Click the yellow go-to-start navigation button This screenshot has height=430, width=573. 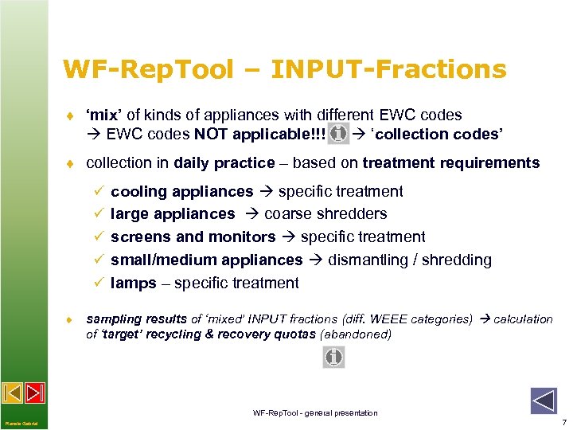[x=13, y=393]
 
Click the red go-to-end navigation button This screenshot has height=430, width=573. [x=35, y=393]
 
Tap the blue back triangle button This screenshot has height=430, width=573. [x=544, y=401]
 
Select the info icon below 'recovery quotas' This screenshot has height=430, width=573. [x=333, y=358]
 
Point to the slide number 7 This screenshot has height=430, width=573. [x=563, y=422]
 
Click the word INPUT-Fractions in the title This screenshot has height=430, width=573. [x=388, y=70]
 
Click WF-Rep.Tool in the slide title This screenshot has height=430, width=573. [x=149, y=70]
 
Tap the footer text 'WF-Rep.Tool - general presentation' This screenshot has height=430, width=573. [x=315, y=412]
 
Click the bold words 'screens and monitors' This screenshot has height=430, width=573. [x=193, y=236]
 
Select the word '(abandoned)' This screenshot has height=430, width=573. [x=356, y=334]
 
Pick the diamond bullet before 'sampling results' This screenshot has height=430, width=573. [x=71, y=319]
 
